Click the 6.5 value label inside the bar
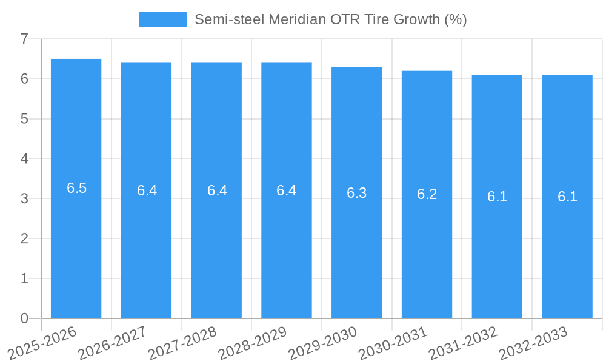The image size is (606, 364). click(x=77, y=188)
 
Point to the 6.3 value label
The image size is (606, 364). click(x=357, y=193)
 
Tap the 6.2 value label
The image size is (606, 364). click(x=427, y=194)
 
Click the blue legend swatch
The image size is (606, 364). click(x=162, y=19)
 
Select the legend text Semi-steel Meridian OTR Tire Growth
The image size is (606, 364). click(x=330, y=19)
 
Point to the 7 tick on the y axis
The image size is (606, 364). click(x=24, y=39)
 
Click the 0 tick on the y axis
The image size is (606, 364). click(x=24, y=318)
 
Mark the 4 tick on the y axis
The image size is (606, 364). click(x=24, y=159)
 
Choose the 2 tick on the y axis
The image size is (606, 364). click(x=24, y=238)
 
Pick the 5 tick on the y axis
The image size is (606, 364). click(x=24, y=119)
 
